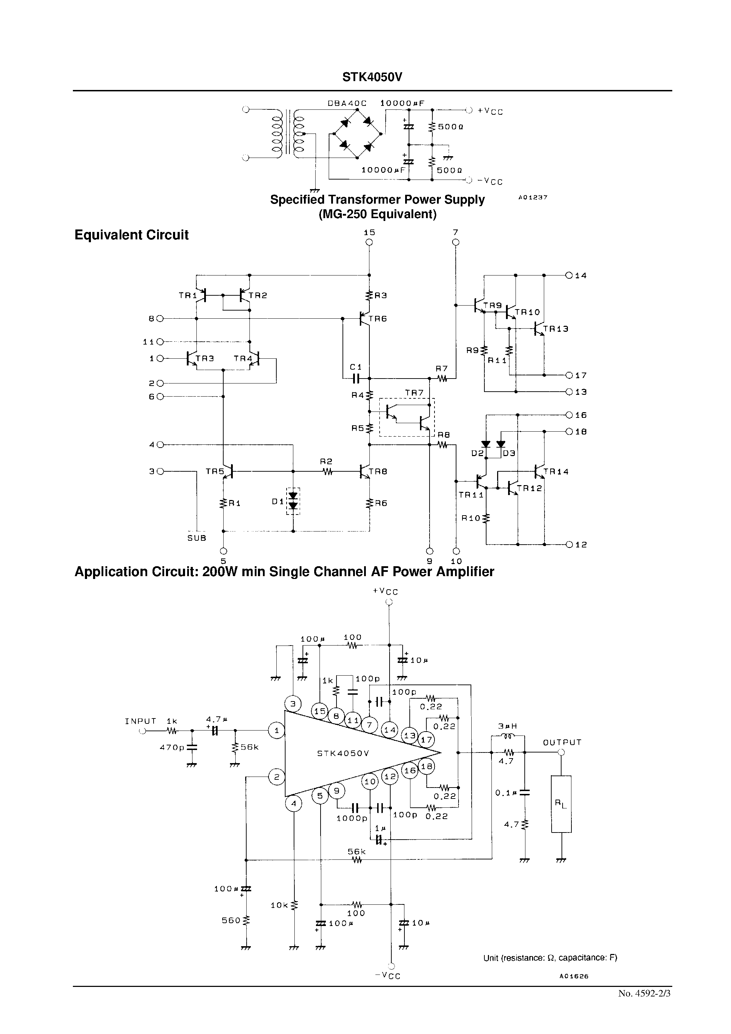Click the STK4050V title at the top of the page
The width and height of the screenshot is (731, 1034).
[372, 78]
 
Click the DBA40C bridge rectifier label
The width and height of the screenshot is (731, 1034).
[347, 103]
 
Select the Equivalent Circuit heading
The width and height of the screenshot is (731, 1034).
[131, 235]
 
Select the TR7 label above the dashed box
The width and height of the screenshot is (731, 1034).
[414, 393]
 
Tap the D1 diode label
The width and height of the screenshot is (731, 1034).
[278, 501]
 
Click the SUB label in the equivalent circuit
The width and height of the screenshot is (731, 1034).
[197, 538]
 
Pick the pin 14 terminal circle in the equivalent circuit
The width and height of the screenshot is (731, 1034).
[569, 275]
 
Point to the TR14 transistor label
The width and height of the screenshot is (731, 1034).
[556, 472]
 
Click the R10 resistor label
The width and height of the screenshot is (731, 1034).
[471, 518]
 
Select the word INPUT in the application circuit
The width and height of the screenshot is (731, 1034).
[140, 721]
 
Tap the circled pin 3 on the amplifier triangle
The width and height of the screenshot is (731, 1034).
[293, 704]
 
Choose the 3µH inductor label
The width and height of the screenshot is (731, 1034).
[508, 726]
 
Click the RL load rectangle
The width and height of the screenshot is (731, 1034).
[561, 804]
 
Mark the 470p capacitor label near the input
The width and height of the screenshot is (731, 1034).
[172, 748]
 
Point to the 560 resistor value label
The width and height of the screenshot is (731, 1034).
[231, 921]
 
